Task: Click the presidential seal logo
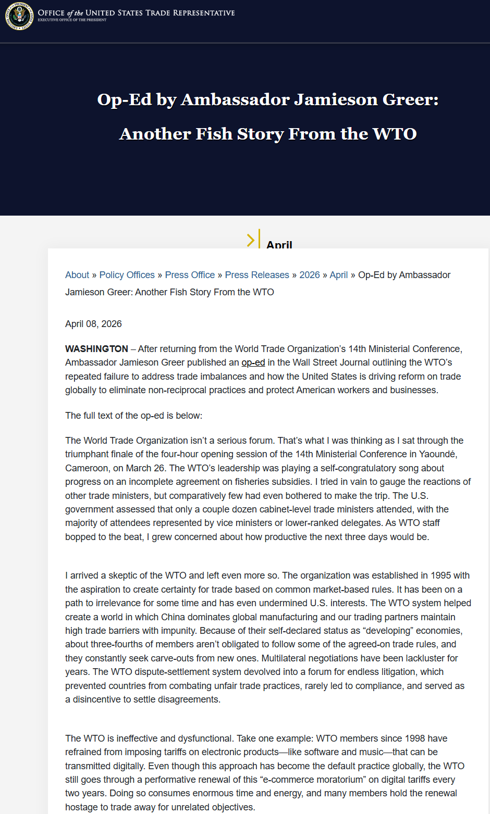point(19,16)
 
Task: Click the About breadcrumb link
point(77,275)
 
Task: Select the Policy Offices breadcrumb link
point(127,275)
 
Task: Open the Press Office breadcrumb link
point(190,275)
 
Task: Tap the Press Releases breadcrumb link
point(257,275)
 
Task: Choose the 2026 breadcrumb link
point(310,275)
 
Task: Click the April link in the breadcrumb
point(339,275)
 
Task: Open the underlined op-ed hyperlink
point(253,362)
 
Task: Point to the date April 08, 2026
point(93,324)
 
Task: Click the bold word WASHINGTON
point(96,349)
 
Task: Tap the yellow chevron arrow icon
point(251,240)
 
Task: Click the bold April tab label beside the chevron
point(279,245)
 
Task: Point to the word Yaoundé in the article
point(439,454)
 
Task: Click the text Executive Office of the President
point(72,20)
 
